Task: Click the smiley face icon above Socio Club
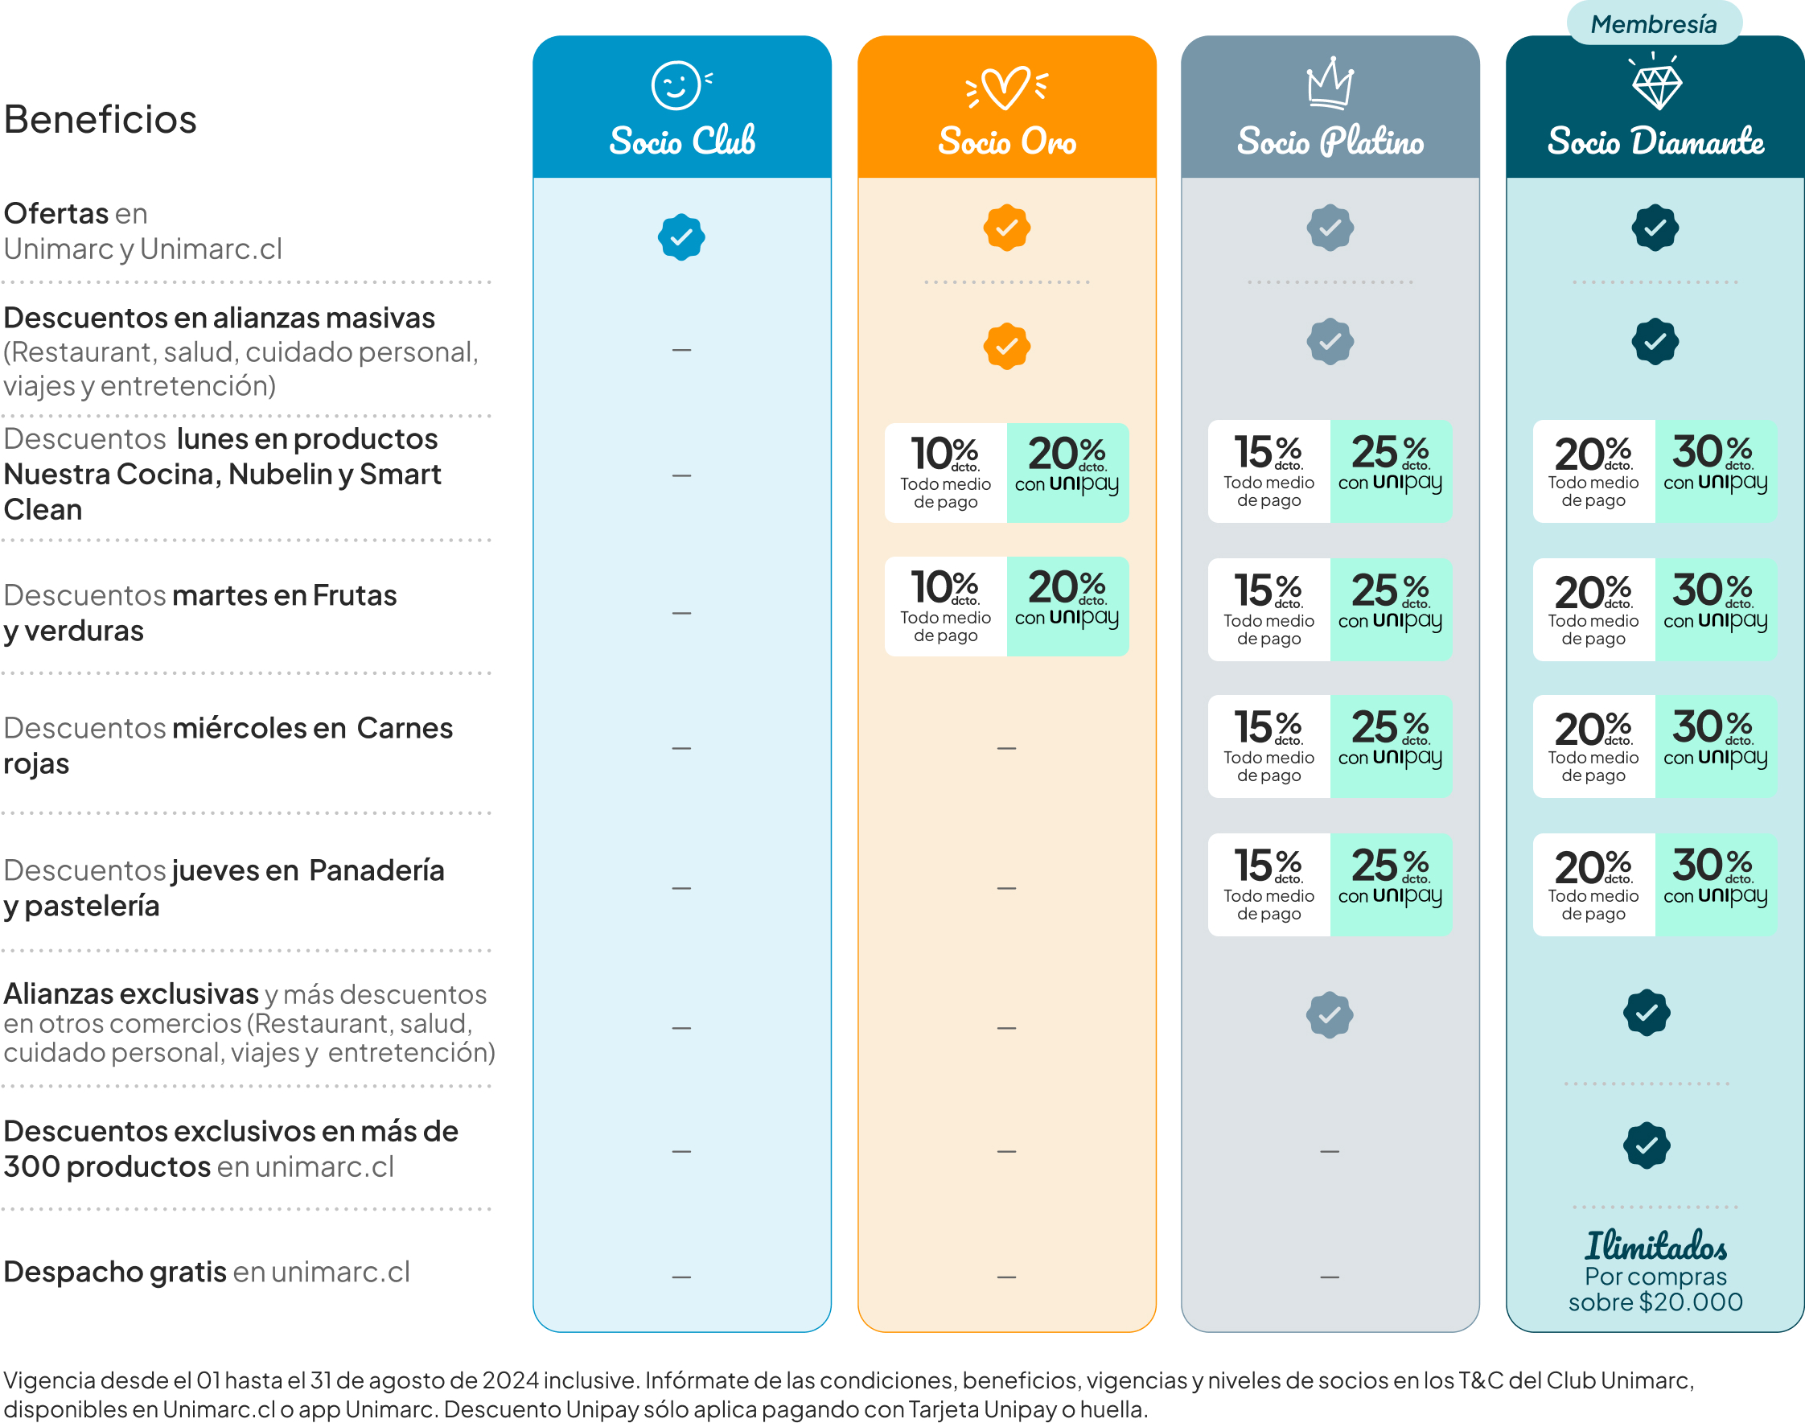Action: pyautogui.click(x=677, y=85)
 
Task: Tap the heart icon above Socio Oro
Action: pyautogui.click(x=1006, y=88)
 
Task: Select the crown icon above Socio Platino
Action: pyautogui.click(x=1330, y=83)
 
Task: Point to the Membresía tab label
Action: pyautogui.click(x=1654, y=23)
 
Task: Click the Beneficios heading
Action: pyautogui.click(x=100, y=119)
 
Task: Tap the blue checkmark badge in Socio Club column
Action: pyautogui.click(x=681, y=237)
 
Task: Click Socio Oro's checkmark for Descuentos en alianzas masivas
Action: pyautogui.click(x=1006, y=346)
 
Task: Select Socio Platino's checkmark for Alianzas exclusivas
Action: pyautogui.click(x=1330, y=1015)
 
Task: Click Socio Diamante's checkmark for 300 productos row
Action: pyautogui.click(x=1647, y=1145)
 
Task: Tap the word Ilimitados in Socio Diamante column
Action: pyautogui.click(x=1655, y=1245)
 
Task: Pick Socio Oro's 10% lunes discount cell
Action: pyautogui.click(x=945, y=473)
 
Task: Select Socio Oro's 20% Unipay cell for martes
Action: pyautogui.click(x=1068, y=607)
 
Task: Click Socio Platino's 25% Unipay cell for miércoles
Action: pyautogui.click(x=1391, y=746)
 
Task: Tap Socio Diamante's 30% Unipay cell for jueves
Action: pyautogui.click(x=1716, y=885)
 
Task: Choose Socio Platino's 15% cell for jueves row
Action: pyautogui.click(x=1268, y=885)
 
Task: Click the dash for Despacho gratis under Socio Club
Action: pyautogui.click(x=681, y=1277)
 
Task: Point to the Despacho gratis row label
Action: pyautogui.click(x=207, y=1273)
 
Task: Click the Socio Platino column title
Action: pyautogui.click(x=1330, y=142)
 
